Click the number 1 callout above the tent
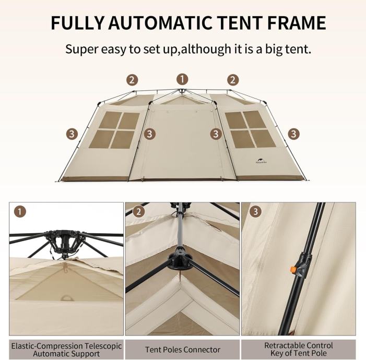tap(182, 79)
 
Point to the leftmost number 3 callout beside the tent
tap(72, 134)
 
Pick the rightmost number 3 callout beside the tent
tap(293, 134)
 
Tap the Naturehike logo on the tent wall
tap(261, 161)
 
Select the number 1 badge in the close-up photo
tap(20, 212)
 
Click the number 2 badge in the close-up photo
tap(139, 212)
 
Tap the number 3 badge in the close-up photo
tap(255, 211)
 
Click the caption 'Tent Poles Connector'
tap(183, 350)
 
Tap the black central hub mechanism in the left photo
tap(64, 243)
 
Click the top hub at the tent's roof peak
tap(182, 91)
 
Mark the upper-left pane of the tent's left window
tap(110, 120)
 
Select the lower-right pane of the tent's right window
tap(264, 138)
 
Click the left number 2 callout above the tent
tap(132, 80)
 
